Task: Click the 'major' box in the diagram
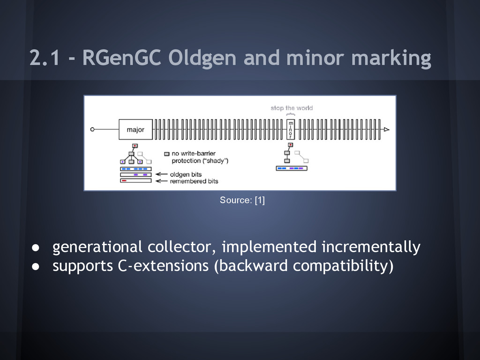coord(135,129)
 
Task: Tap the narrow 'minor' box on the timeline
coord(291,129)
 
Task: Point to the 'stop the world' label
coord(291,108)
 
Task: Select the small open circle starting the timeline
coord(93,129)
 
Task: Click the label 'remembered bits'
coord(194,181)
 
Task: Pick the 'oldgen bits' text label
coord(186,174)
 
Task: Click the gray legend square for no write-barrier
coord(166,154)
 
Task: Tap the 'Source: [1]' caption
coord(242,201)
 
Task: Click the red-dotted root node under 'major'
coord(135,146)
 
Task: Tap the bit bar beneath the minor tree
coord(291,168)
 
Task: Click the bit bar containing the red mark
coord(136,180)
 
